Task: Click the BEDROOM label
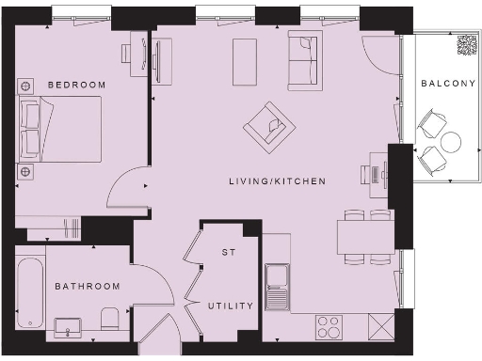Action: point(77,85)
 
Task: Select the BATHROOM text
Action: point(88,286)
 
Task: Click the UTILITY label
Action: point(232,306)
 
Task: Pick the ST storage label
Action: point(227,252)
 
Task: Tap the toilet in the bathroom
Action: point(109,320)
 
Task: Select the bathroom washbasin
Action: point(65,326)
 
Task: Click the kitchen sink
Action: point(277,286)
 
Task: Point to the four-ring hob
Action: point(329,326)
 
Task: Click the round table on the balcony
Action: point(451,143)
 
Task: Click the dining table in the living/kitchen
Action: point(355,236)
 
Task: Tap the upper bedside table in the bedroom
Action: point(24,86)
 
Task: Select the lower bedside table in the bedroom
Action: point(24,171)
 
